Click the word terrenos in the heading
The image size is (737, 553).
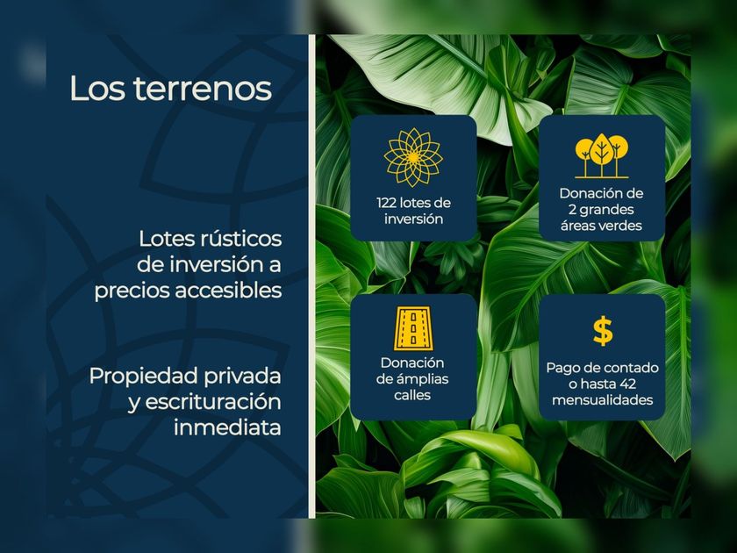203,90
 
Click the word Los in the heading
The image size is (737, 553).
97,89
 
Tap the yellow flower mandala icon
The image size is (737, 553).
413,157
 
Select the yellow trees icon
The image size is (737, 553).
602,155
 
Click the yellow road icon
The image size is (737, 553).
413,328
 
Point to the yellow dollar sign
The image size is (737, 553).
603,331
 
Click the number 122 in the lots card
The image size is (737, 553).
387,203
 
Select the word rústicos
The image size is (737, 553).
241,240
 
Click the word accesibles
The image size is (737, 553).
228,291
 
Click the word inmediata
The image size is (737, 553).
227,428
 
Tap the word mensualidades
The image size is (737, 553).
603,400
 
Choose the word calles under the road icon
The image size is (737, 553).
412,395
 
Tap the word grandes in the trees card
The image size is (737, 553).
607,210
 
